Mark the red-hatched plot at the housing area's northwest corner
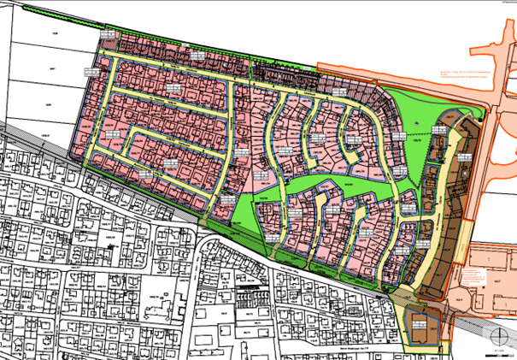[109, 38]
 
